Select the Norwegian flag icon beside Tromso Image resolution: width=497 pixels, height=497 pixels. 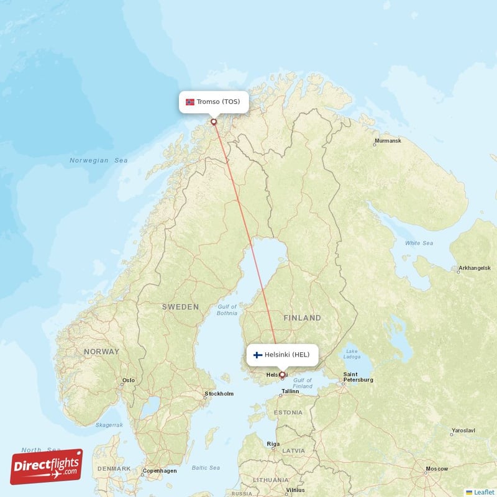[x=190, y=102]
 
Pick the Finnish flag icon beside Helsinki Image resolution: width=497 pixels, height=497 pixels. [x=257, y=355]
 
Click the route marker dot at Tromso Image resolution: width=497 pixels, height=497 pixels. [x=214, y=122]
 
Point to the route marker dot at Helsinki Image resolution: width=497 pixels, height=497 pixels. [x=282, y=375]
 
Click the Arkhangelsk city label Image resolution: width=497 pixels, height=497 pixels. [x=474, y=268]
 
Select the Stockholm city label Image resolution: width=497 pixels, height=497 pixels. [x=219, y=394]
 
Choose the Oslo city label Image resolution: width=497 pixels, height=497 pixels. [x=129, y=380]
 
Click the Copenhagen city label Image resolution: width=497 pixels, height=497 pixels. [x=160, y=471]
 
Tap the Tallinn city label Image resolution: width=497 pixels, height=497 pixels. [x=290, y=391]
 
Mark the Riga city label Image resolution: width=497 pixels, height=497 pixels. [x=273, y=444]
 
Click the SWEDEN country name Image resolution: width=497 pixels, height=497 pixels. [x=180, y=307]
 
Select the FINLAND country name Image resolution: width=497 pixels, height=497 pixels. [x=303, y=317]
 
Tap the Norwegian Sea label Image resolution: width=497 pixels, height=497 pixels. [x=98, y=160]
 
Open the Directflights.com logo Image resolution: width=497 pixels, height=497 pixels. [x=47, y=467]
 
